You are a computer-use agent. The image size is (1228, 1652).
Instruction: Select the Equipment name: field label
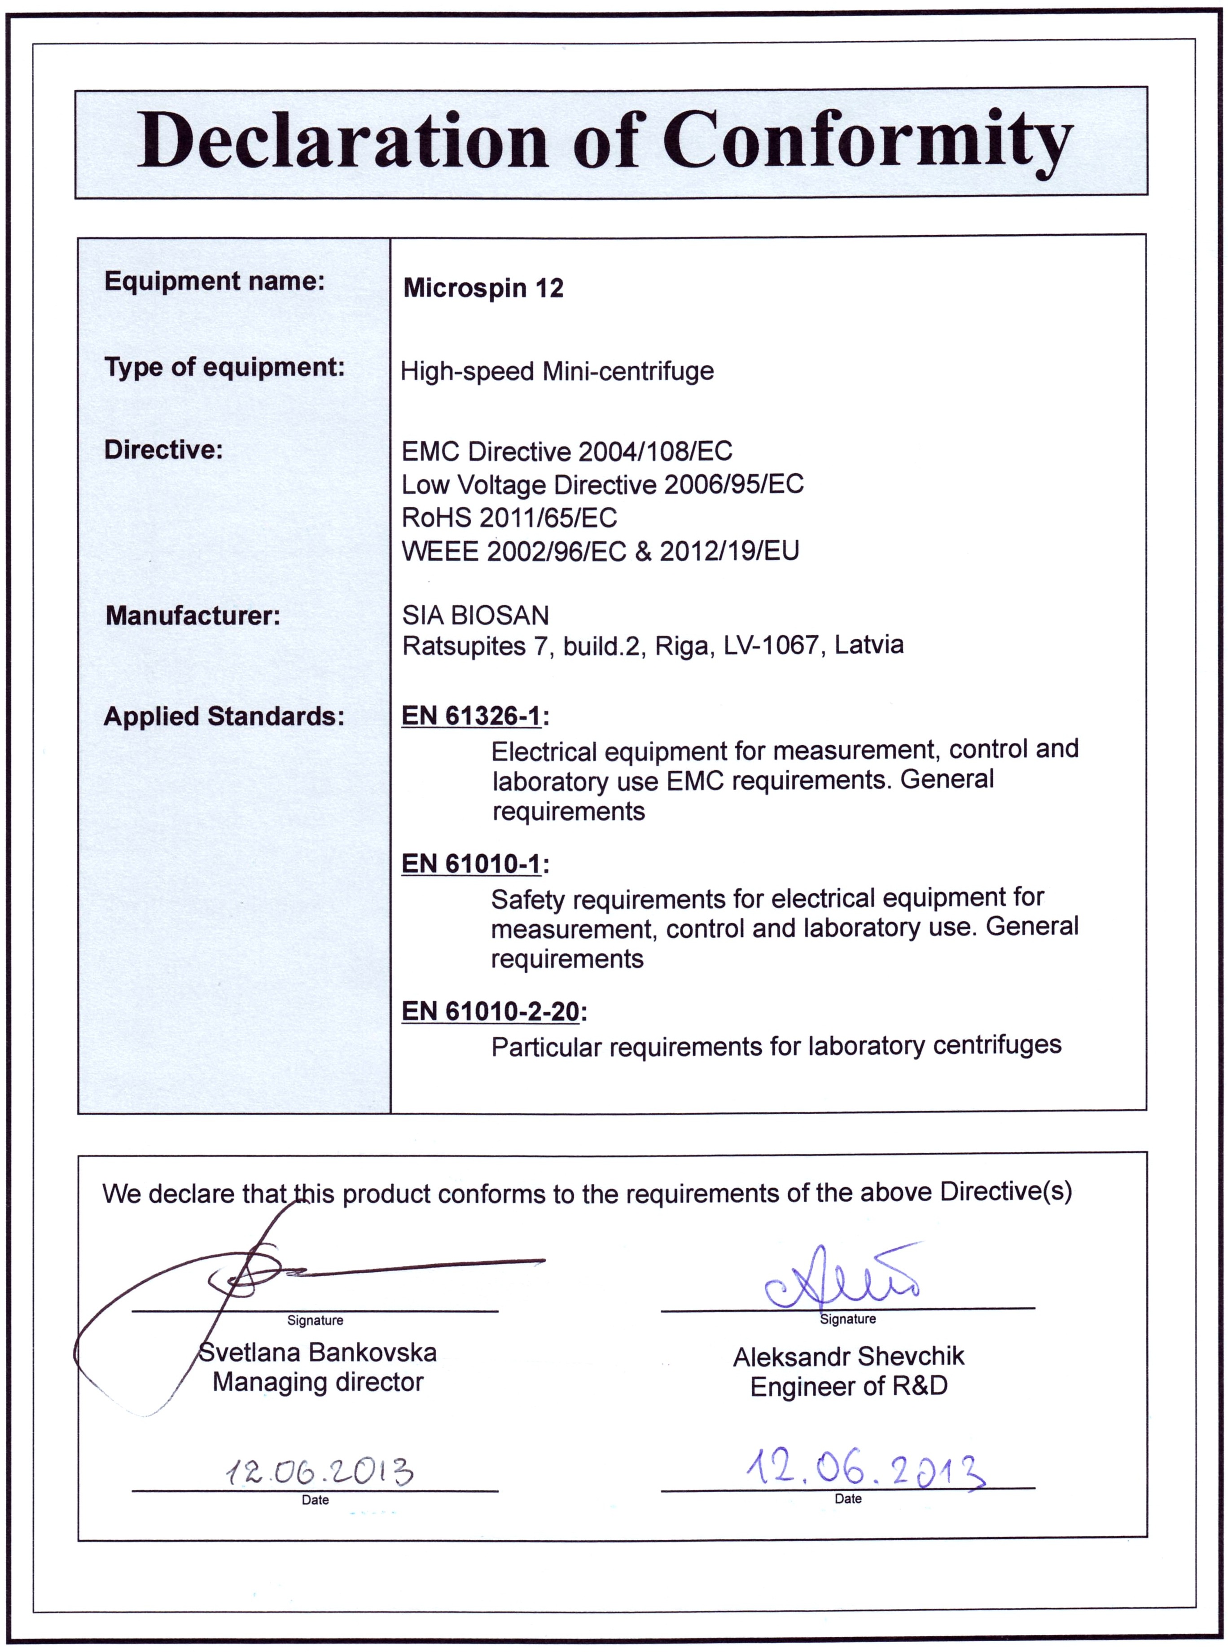(215, 281)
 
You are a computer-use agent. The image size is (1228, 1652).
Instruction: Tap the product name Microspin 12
(483, 288)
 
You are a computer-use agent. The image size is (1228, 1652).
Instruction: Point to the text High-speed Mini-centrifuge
(557, 370)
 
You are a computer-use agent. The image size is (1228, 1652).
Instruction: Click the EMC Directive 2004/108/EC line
(566, 451)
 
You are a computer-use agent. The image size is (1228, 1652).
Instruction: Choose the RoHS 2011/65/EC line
(509, 518)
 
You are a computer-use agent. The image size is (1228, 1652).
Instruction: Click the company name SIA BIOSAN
(476, 615)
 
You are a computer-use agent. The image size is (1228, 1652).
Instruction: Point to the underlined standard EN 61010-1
(470, 863)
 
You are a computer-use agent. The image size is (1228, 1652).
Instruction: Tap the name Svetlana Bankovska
(318, 1352)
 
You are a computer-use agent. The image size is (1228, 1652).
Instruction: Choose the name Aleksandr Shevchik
(848, 1357)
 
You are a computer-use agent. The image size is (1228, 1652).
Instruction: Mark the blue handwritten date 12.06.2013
(866, 1469)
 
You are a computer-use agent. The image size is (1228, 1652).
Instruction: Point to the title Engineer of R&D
(848, 1387)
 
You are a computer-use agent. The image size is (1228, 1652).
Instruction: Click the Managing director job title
(318, 1382)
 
